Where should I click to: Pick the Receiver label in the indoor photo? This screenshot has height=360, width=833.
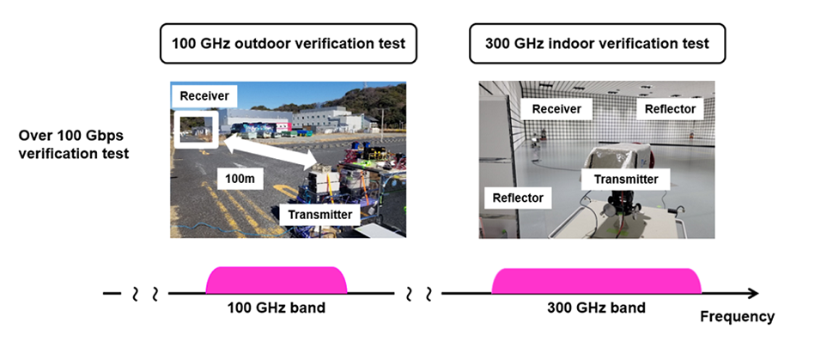tap(556, 109)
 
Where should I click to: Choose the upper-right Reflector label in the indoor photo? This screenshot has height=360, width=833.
tap(669, 109)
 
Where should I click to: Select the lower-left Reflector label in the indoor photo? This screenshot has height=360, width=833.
tap(518, 198)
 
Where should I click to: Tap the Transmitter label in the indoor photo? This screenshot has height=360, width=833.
tap(619, 179)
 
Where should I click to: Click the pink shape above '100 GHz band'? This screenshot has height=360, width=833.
tap(277, 279)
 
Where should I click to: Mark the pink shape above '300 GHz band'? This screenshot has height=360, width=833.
tap(596, 279)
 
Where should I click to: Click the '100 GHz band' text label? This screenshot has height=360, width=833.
tap(276, 308)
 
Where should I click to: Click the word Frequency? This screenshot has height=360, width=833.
tap(737, 316)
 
